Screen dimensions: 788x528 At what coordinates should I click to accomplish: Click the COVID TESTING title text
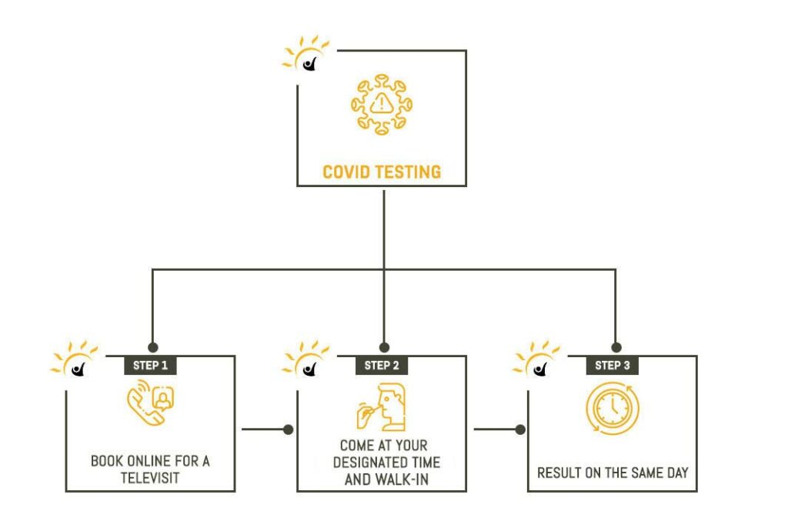382,172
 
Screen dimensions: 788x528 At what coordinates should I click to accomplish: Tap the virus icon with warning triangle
382,105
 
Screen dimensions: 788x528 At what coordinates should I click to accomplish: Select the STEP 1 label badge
150,365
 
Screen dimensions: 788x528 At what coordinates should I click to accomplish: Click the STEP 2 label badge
382,365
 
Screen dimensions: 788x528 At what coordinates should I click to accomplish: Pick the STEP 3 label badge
612,365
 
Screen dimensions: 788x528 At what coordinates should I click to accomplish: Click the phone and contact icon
150,403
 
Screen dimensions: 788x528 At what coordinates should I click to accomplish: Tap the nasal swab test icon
381,407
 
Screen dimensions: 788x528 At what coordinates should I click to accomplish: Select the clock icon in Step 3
612,409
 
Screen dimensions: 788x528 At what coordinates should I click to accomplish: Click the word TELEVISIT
150,478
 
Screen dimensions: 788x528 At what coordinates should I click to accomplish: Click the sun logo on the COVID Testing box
306,54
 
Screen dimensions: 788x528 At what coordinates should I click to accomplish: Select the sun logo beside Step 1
75,359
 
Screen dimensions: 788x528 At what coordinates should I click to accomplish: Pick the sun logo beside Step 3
536,359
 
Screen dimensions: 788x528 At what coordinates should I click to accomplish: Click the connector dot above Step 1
153,347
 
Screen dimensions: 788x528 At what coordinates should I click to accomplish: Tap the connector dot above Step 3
616,347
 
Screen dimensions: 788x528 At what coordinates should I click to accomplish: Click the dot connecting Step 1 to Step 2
288,429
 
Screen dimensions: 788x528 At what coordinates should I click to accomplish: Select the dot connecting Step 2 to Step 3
520,429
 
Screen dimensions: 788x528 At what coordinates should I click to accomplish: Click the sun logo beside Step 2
306,359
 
